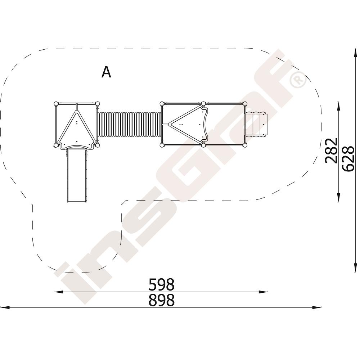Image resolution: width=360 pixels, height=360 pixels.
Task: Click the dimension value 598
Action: click(162, 284)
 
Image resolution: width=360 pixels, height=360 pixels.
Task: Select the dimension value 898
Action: click(162, 300)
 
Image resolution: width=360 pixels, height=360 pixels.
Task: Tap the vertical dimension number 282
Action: click(332, 150)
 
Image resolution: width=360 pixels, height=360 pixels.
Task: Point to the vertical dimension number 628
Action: click(348, 158)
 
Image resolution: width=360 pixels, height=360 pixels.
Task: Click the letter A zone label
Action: click(106, 72)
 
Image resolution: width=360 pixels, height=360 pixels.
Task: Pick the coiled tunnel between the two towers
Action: click(130, 124)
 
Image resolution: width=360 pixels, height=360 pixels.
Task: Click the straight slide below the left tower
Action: click(77, 176)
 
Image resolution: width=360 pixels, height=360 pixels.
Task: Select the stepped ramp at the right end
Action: click(257, 125)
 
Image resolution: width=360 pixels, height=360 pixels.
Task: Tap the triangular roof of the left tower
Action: click(77, 130)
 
